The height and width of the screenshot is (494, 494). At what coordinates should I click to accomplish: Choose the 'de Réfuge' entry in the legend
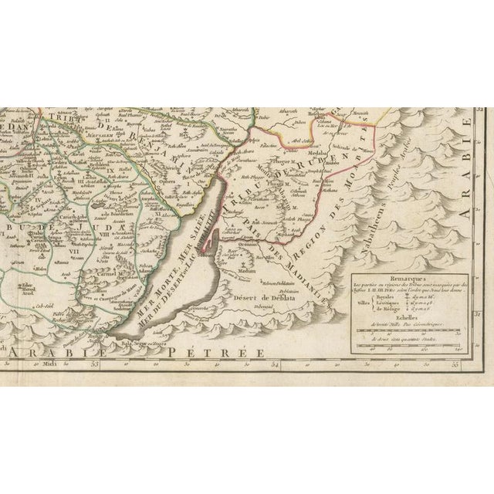pyautogui.click(x=374, y=308)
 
